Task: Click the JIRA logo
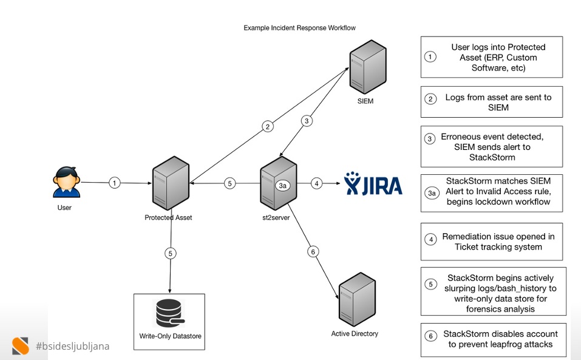click(373, 183)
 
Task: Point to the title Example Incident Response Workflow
click(299, 28)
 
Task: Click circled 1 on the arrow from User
click(115, 183)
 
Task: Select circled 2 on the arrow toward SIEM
click(268, 126)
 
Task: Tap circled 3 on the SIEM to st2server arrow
click(307, 121)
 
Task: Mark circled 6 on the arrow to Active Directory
click(313, 252)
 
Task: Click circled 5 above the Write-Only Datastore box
click(171, 253)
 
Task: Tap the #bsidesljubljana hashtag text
click(73, 346)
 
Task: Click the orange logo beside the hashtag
click(20, 345)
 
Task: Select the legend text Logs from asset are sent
click(498, 97)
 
